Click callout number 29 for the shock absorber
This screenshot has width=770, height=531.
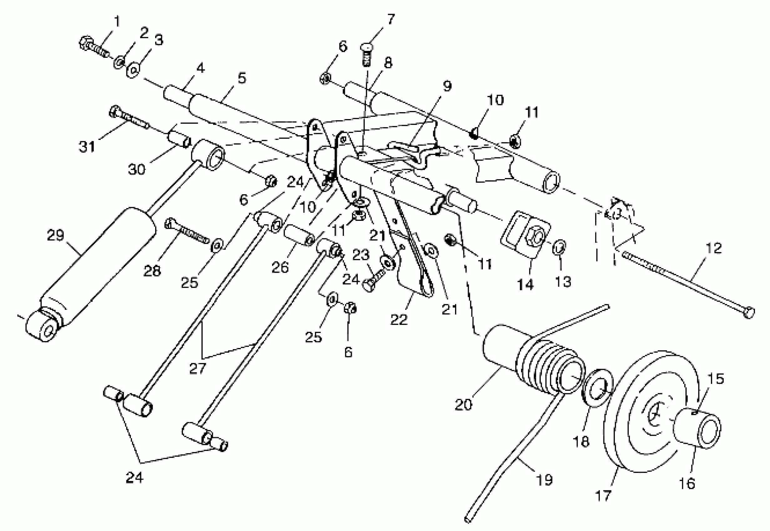point(55,236)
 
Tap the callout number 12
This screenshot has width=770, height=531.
point(713,248)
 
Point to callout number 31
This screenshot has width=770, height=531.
point(87,146)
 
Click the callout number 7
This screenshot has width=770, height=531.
point(391,19)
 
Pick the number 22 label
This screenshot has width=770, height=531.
point(399,320)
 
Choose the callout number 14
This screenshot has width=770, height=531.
point(525,285)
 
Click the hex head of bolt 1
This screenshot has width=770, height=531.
point(86,42)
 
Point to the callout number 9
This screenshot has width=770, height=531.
point(447,86)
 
